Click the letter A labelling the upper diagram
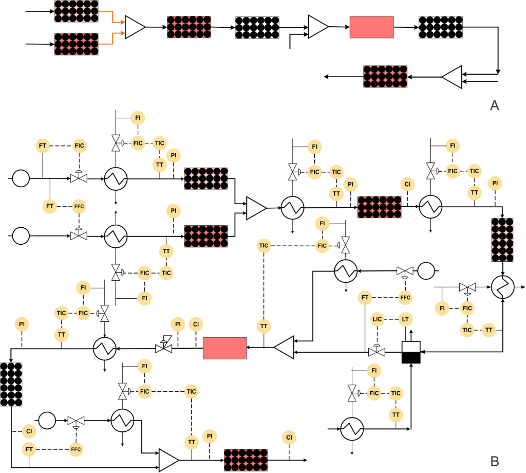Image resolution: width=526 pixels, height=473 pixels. (x=495, y=105)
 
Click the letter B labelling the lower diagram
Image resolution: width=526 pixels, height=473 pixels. (x=495, y=461)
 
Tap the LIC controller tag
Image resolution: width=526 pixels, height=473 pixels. (x=377, y=319)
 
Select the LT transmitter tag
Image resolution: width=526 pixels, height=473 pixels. (x=406, y=319)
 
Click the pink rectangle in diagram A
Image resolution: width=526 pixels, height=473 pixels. (x=371, y=27)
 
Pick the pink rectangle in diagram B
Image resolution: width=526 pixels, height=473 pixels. (x=224, y=348)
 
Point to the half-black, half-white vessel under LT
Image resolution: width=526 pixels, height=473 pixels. (x=411, y=352)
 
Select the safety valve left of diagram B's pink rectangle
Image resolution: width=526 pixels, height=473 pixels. (x=163, y=348)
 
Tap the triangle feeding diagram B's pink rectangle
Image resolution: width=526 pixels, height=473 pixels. (x=284, y=348)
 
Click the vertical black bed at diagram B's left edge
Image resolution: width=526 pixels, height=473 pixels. (x=11, y=384)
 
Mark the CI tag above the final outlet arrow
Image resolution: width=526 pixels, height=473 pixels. (x=289, y=438)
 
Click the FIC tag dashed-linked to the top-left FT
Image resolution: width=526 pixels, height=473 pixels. (x=79, y=146)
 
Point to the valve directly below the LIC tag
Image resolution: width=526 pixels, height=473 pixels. (x=377, y=352)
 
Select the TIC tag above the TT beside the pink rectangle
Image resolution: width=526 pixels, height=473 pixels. (x=264, y=246)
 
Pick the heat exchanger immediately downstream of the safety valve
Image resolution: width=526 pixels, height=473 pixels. (x=105, y=349)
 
